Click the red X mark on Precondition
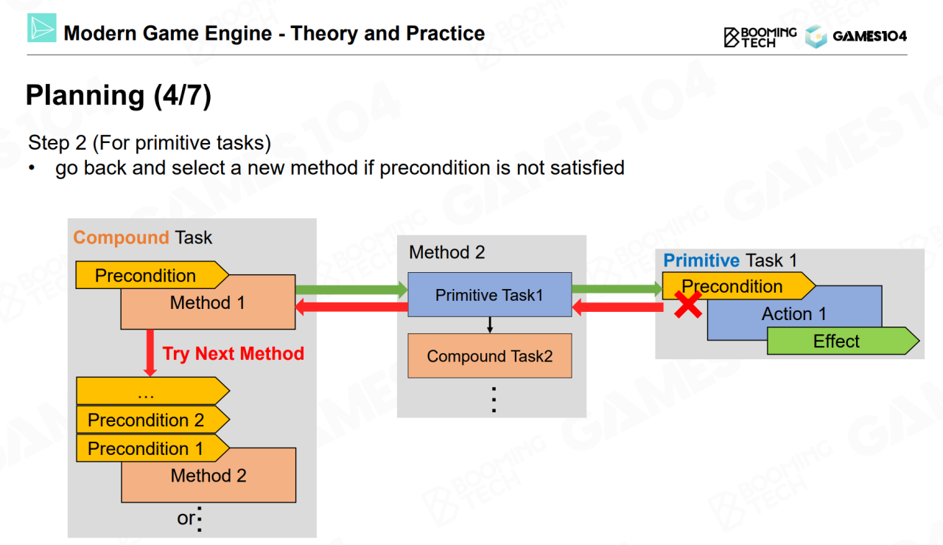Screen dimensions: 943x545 click(688, 305)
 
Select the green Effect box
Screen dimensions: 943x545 click(843, 341)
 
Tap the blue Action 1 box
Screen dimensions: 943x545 click(794, 313)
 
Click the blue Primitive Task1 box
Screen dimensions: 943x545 click(490, 295)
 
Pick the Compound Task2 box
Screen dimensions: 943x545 click(490, 355)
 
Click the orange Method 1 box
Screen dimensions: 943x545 click(208, 302)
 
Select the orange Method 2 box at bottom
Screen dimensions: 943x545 click(208, 475)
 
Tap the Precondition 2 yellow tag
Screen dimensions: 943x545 click(153, 420)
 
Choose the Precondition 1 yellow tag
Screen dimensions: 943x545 click(153, 448)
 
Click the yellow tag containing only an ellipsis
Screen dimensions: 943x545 click(153, 391)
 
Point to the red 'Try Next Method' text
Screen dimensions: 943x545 click(234, 353)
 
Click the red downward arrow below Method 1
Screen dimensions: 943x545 click(150, 353)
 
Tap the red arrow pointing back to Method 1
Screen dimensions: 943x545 click(351, 307)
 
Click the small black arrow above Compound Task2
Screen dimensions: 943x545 click(490, 325)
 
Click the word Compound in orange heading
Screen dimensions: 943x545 click(122, 237)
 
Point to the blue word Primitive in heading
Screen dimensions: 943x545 click(701, 260)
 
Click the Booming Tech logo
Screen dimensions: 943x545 click(760, 37)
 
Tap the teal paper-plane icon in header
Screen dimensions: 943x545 click(42, 28)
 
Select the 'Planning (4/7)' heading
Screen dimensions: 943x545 click(119, 95)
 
